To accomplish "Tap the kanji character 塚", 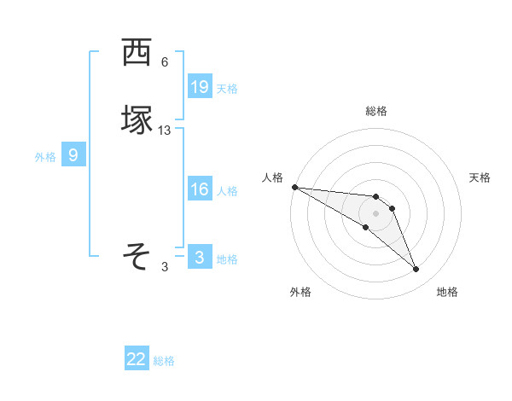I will [137, 120].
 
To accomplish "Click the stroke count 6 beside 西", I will [165, 62].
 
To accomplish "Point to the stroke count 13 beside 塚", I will [165, 131].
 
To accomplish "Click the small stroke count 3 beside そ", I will [165, 267].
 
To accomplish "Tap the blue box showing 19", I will [199, 86].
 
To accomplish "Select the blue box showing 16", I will [199, 189].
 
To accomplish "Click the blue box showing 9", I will [73, 155].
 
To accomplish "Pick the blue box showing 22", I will [137, 359].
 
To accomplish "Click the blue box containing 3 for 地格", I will [199, 258].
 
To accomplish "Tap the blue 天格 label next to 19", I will [227, 88].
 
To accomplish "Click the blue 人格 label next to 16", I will [227, 191].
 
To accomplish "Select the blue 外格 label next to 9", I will [45, 157].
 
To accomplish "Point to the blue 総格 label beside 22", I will [165, 361].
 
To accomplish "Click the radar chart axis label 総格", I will [376, 111].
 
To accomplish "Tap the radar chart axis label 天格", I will [480, 177].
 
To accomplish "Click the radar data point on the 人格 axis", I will [294, 187].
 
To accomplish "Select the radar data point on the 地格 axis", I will [416, 270].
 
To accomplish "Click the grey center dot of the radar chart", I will [375, 212].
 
